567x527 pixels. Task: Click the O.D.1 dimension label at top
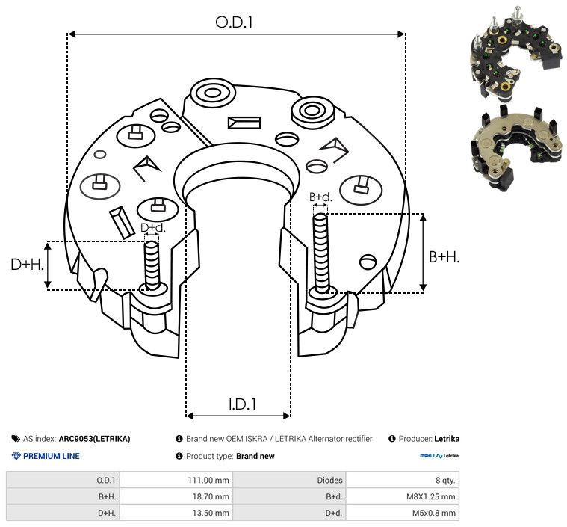point(235,22)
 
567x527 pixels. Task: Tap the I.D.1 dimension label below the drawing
point(242,404)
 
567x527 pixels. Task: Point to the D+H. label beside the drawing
point(27,265)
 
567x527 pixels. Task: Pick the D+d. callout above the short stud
point(152,227)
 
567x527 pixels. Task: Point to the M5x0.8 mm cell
point(433,513)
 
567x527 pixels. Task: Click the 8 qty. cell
point(443,480)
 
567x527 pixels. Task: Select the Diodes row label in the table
point(329,480)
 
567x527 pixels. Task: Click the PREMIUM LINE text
point(51,456)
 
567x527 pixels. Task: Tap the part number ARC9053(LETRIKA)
point(94,439)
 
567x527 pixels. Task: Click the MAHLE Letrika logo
point(439,456)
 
